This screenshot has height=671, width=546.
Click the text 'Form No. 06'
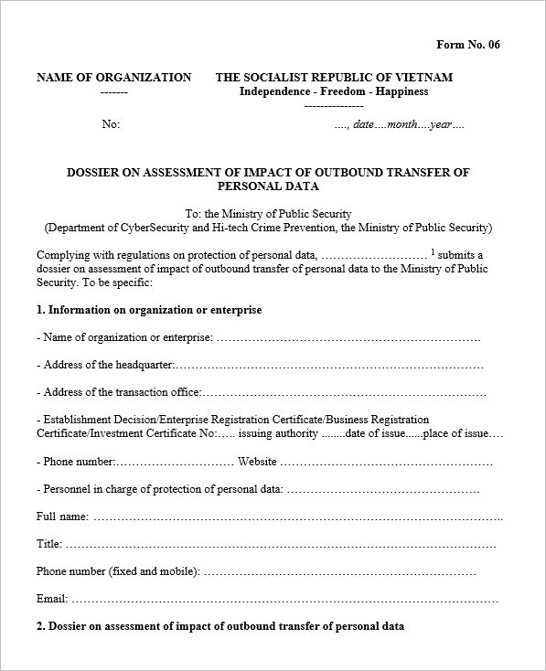[x=468, y=45]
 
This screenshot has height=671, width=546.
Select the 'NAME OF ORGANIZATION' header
[x=114, y=78]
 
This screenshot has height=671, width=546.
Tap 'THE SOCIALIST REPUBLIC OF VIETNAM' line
[x=334, y=78]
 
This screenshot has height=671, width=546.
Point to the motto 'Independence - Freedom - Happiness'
[x=334, y=91]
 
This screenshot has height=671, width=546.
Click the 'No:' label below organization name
[x=111, y=124]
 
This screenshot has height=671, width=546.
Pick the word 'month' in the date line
[x=402, y=124]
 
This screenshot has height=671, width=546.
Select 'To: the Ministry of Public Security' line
[x=268, y=214]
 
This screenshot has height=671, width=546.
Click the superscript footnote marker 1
[x=433, y=251]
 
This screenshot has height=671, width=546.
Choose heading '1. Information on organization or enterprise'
[x=149, y=310]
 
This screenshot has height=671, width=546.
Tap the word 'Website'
[x=257, y=462]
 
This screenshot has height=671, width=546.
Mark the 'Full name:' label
[x=62, y=517]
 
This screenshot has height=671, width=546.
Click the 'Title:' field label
[x=49, y=544]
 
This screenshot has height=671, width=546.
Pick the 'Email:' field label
[x=52, y=600]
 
